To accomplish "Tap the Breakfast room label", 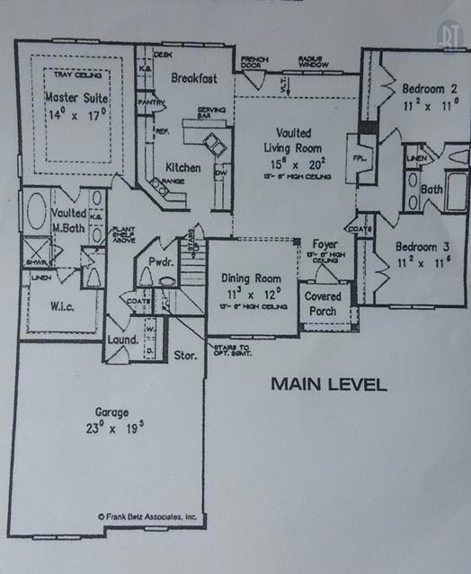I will click(x=195, y=78).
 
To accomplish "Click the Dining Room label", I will click(x=251, y=278).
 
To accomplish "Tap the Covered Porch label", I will click(x=322, y=302).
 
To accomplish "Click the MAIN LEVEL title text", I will click(x=329, y=385).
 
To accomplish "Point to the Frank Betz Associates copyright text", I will click(x=147, y=517).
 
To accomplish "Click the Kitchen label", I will click(x=183, y=167).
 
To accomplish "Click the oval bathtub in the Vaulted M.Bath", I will click(x=37, y=213).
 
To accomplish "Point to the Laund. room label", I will click(x=122, y=340).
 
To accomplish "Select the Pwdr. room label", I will click(x=161, y=264).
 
